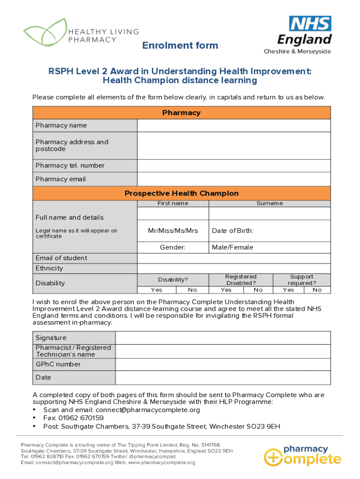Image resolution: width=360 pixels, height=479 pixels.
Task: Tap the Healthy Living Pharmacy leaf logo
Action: [x=45, y=33]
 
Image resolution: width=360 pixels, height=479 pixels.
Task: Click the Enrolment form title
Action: [x=180, y=45]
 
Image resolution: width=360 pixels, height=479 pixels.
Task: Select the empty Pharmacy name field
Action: [x=234, y=125]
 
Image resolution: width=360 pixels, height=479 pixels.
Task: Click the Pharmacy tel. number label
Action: [x=70, y=166]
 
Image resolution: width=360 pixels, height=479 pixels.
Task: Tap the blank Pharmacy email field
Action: [x=234, y=179]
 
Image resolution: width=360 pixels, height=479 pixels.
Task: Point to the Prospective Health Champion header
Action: [x=181, y=194]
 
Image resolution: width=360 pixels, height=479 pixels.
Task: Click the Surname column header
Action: [x=269, y=203]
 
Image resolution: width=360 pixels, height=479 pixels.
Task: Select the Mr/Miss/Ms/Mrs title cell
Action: [x=173, y=231]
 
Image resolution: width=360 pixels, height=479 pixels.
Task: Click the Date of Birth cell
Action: [x=269, y=231]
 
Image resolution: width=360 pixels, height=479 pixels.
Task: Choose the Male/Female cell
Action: [x=269, y=247]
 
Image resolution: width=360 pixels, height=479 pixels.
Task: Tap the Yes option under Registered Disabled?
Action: [x=226, y=290]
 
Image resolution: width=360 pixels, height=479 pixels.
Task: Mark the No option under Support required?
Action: [x=317, y=290]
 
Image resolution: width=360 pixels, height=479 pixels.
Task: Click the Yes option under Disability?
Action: [x=157, y=290]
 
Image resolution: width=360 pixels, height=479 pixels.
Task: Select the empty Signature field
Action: [x=223, y=338]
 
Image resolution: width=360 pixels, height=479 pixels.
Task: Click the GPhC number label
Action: [x=58, y=364]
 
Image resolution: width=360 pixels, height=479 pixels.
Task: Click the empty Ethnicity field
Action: [x=234, y=269]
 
